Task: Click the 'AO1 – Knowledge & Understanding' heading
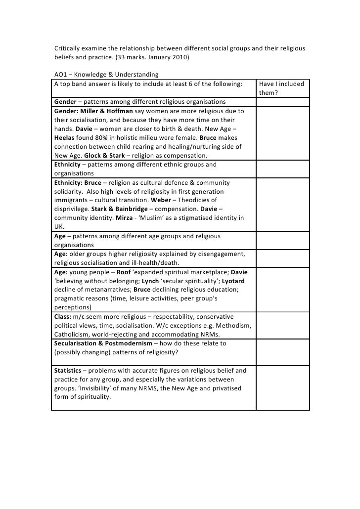click(x=106, y=75)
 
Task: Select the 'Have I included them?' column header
click(x=281, y=88)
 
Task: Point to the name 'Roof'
click(x=124, y=272)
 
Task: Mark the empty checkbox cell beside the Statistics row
click(x=282, y=388)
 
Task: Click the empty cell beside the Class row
click(x=282, y=325)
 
